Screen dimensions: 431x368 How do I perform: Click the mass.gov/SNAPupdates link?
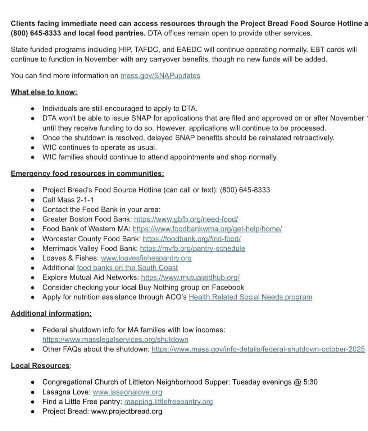pyautogui.click(x=160, y=75)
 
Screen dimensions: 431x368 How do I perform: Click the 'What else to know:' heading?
pyautogui.click(x=44, y=92)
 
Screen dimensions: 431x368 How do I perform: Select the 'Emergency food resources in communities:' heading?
pyautogui.click(x=87, y=173)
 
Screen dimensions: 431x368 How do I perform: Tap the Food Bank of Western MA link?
pyautogui.click(x=207, y=228)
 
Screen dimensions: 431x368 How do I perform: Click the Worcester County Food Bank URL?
pyautogui.click(x=191, y=238)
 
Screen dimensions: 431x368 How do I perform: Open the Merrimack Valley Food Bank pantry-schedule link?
pyautogui.click(x=192, y=248)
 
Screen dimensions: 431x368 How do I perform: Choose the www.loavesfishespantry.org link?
pyautogui.click(x=146, y=258)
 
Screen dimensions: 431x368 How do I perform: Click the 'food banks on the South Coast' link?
pyautogui.click(x=127, y=268)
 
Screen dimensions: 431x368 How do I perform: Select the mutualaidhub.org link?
pyautogui.click(x=190, y=277)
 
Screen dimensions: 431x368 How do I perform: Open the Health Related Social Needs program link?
pyautogui.click(x=250, y=297)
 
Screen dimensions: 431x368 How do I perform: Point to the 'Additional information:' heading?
pyautogui.click(x=51, y=313)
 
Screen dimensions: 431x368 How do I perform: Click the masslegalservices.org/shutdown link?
pyautogui.click(x=115, y=339)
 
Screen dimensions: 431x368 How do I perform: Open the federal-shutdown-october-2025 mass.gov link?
pyautogui.click(x=258, y=349)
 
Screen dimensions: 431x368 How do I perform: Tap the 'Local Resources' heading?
pyautogui.click(x=40, y=366)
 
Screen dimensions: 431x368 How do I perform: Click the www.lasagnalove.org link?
pyautogui.click(x=127, y=392)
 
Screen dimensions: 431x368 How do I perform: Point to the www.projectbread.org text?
pyautogui.click(x=127, y=411)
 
